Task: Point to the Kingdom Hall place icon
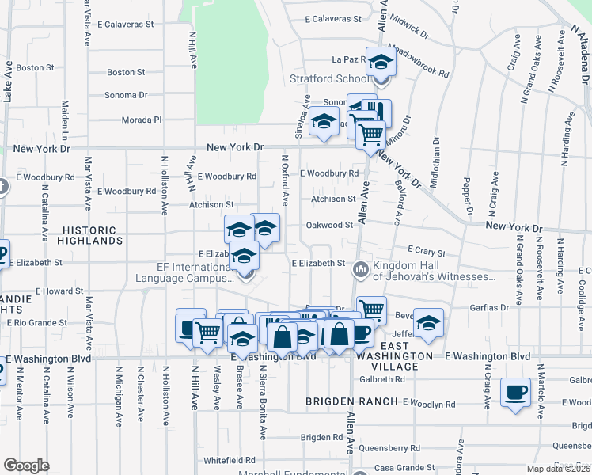[x=361, y=271]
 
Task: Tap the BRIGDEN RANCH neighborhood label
[x=352, y=401]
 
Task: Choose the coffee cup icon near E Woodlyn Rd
[x=516, y=393]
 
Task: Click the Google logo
[x=26, y=465]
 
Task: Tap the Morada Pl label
[x=141, y=120]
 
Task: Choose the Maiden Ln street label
[x=66, y=114]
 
